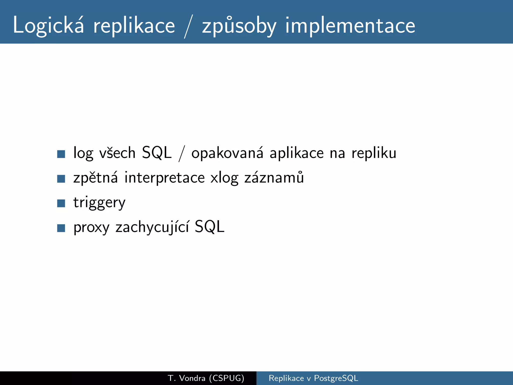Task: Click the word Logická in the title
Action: tap(48, 25)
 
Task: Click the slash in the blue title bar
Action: tap(188, 26)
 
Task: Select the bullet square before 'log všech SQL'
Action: tap(61, 154)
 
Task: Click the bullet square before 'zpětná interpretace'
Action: tap(61, 179)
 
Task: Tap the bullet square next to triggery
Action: tap(61, 203)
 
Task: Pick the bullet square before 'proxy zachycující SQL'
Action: tap(61, 228)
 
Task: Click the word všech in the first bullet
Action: tap(117, 153)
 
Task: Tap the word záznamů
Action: tap(274, 177)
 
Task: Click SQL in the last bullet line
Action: tap(209, 227)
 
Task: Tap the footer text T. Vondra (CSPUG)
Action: tap(206, 378)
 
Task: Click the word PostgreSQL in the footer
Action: tap(336, 378)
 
